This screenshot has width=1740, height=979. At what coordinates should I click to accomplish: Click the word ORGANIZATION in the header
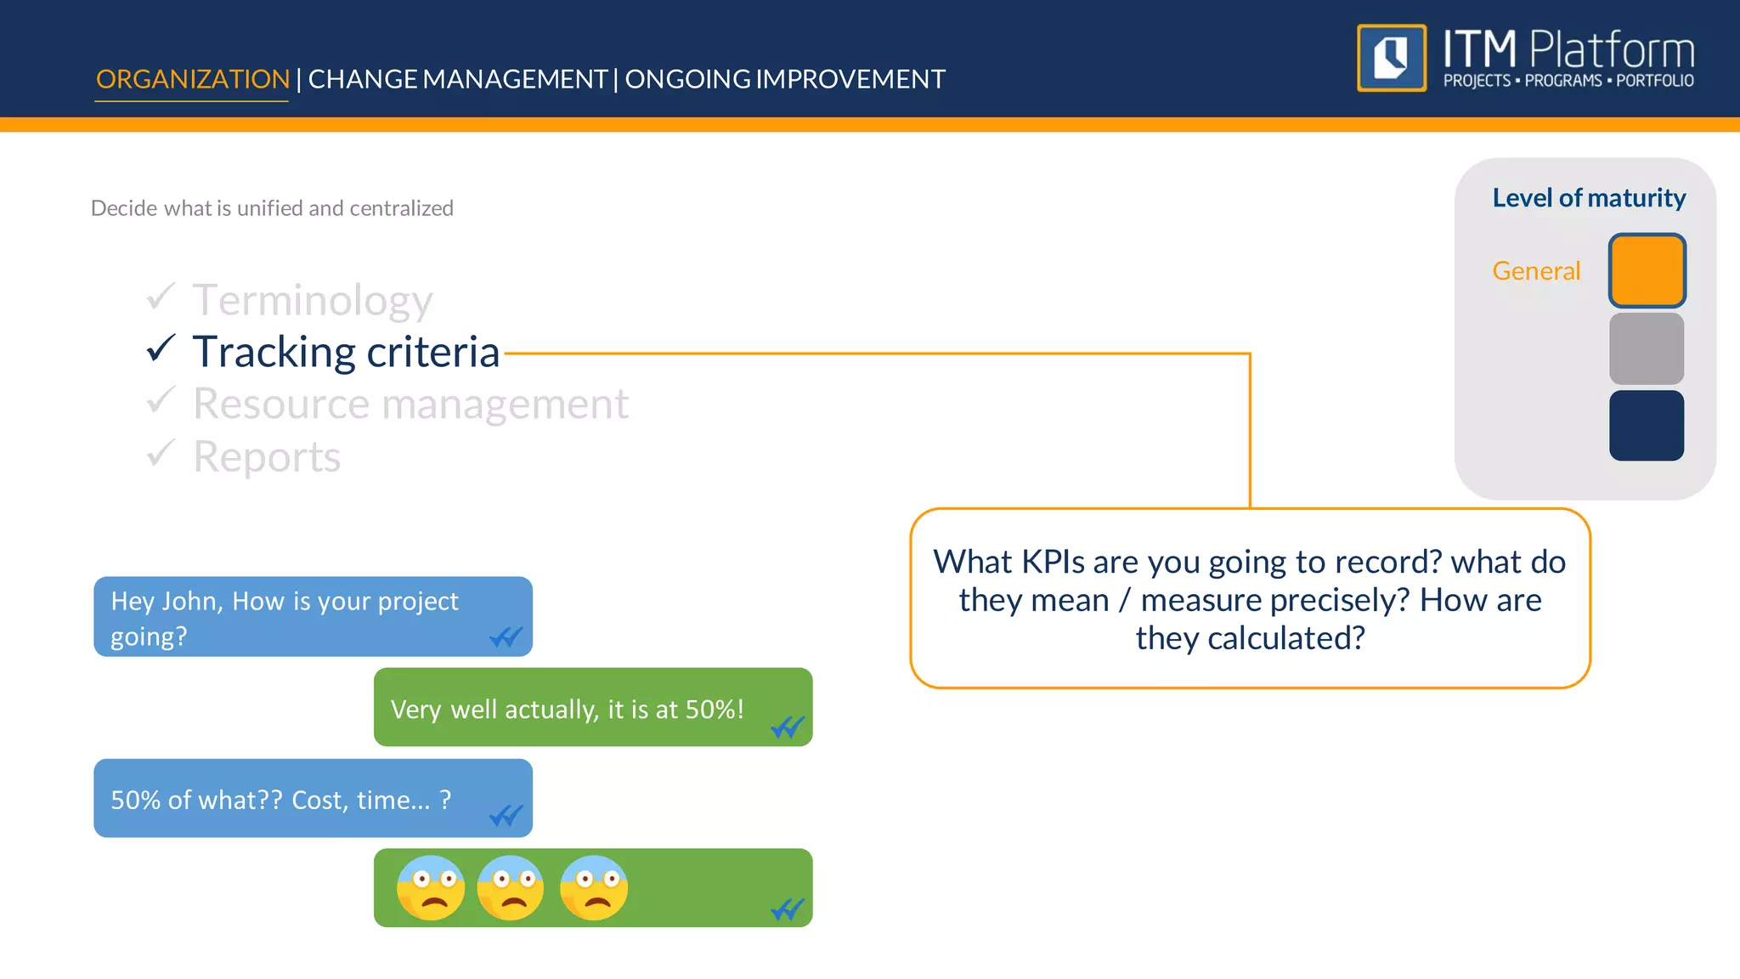[x=192, y=79]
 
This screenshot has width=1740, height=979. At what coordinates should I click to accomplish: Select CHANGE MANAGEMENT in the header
[x=457, y=79]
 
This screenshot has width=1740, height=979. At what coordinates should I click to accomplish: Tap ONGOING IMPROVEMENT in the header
[x=784, y=79]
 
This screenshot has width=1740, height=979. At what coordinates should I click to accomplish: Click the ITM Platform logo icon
[x=1391, y=58]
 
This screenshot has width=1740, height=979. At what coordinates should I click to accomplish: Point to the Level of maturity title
[x=1588, y=198]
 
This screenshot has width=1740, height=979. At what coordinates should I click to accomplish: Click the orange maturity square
[x=1646, y=270]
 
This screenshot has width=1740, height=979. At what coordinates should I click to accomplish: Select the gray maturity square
[x=1646, y=348]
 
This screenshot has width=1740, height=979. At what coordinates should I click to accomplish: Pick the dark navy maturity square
[x=1646, y=426]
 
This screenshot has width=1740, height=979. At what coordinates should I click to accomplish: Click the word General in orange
[x=1535, y=271]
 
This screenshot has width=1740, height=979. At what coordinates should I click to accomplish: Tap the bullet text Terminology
[x=313, y=300]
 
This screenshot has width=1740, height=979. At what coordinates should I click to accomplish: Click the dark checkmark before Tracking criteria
[x=161, y=348]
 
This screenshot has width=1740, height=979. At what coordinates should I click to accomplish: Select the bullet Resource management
[x=410, y=404]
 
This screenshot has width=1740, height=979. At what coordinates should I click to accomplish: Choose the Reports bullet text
[x=267, y=457]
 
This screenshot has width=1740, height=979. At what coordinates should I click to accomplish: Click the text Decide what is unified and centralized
[x=272, y=208]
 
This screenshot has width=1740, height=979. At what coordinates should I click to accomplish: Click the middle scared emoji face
[x=511, y=888]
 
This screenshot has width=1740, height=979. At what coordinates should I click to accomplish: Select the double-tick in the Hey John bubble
[x=506, y=637]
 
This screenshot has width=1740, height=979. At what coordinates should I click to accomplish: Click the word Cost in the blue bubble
[x=317, y=801]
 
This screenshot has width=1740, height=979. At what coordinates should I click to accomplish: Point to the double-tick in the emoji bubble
[x=787, y=909]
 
